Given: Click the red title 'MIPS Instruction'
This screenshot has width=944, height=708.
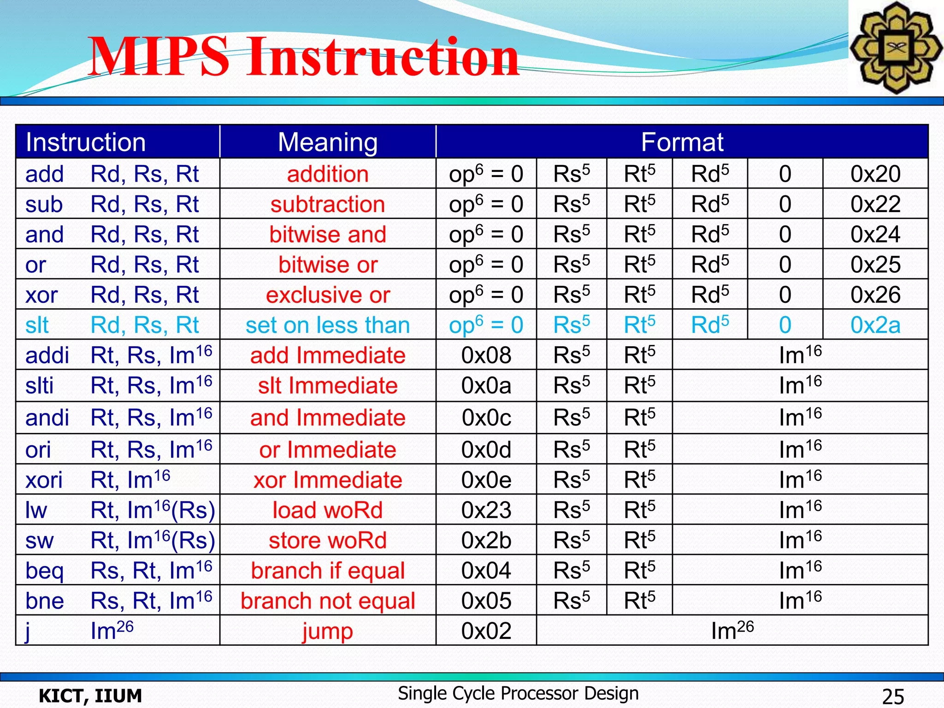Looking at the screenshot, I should (x=303, y=57).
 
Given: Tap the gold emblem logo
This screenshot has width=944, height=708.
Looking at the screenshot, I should (x=895, y=47).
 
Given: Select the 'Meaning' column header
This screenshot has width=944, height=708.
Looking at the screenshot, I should (x=328, y=142).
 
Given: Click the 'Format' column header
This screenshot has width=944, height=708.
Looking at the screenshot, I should (x=682, y=142).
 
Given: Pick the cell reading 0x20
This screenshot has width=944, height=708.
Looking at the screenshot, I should (x=875, y=174).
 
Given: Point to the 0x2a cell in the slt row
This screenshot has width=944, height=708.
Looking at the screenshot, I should (x=875, y=325).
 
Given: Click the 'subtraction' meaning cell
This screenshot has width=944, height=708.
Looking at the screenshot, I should (x=328, y=204).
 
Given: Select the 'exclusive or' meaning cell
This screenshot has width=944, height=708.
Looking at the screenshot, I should (x=328, y=295).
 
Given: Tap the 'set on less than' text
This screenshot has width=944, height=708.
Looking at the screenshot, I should (x=328, y=325).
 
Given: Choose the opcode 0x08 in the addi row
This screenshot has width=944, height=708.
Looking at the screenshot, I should (x=486, y=355).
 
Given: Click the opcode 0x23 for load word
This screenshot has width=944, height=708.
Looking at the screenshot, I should (x=486, y=510).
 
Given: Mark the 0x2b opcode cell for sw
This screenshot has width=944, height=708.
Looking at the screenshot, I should (x=486, y=540).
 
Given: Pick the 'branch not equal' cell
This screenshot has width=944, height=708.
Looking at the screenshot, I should (x=328, y=601).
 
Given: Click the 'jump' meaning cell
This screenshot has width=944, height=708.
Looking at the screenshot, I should (x=328, y=631).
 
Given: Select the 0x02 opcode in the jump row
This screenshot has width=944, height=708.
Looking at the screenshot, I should (x=486, y=631).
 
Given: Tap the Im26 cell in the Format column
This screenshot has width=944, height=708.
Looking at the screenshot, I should (x=732, y=631).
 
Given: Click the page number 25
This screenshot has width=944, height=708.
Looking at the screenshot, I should (x=893, y=696).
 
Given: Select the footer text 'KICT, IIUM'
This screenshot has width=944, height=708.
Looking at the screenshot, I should (x=90, y=696).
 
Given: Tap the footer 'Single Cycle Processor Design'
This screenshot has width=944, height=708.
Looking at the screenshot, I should (x=518, y=693).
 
